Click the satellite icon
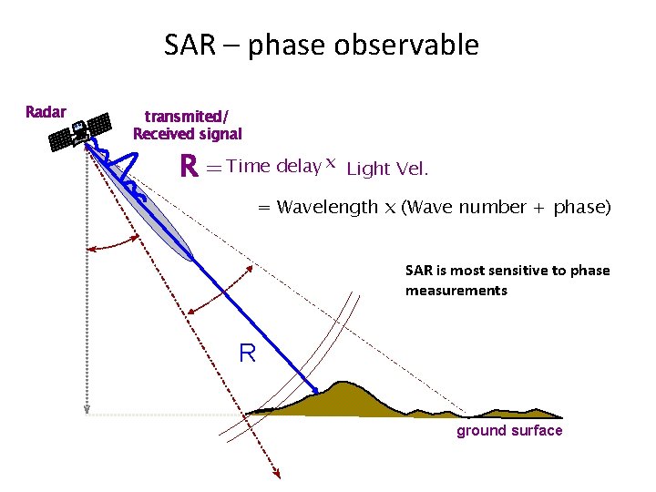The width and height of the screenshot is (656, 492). coord(79,134)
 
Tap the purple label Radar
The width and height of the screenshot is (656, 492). coord(46,112)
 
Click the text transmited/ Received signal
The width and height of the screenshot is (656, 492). coord(188,126)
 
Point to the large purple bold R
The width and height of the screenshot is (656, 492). coord(189,167)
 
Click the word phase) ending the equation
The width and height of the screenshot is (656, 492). coord(582,207)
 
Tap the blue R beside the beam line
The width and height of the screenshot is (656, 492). coord(247,353)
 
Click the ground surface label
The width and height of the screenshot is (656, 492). coord(509,431)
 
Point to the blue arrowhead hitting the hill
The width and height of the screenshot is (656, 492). coord(315,392)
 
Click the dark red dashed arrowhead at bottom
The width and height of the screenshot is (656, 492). coord(276,473)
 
